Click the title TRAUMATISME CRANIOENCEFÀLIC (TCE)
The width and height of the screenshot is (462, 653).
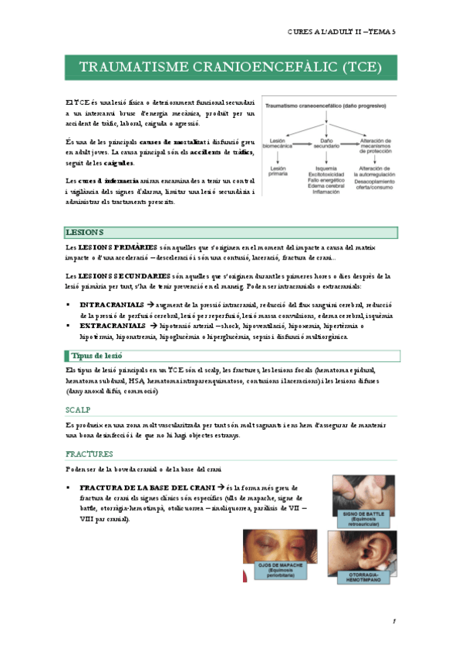(x=231, y=66)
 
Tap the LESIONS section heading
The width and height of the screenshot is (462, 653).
(x=86, y=232)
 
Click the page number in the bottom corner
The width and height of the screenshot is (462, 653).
(x=393, y=621)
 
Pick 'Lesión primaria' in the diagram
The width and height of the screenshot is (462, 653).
(x=278, y=171)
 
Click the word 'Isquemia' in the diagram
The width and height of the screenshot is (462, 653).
(x=326, y=168)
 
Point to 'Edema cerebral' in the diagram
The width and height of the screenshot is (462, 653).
(x=326, y=185)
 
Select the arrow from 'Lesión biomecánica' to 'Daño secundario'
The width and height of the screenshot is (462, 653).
(x=302, y=141)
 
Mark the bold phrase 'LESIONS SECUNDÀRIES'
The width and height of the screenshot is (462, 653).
(x=124, y=275)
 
